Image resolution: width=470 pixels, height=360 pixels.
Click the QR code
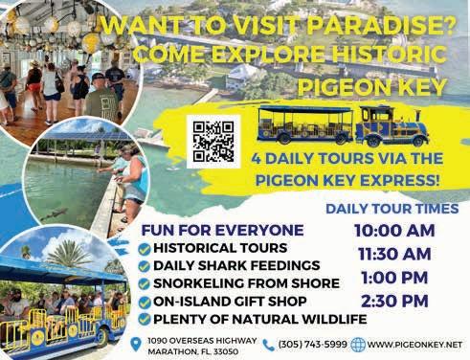tap(213, 142)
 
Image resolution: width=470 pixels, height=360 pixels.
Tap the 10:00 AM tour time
tap(394, 231)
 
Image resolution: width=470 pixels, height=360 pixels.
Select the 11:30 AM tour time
tap(394, 254)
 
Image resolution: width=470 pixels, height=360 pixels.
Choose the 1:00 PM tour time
tap(394, 278)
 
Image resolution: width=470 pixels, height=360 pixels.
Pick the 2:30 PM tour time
tap(394, 301)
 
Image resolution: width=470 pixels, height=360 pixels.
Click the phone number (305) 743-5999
tap(313, 345)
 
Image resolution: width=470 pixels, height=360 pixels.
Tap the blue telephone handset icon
tap(269, 345)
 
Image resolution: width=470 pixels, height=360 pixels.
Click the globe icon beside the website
tap(358, 345)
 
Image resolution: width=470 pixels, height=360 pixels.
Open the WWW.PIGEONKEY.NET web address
tap(414, 345)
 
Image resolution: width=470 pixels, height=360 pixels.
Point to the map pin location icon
tap(136, 345)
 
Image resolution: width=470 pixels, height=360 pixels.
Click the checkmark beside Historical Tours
tap(145, 249)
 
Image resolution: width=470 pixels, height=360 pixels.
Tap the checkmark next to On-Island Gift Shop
tap(145, 303)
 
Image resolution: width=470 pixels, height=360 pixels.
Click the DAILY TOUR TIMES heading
tap(392, 209)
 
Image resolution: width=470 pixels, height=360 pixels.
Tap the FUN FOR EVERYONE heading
tap(222, 231)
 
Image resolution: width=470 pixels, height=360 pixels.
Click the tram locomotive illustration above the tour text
tap(392, 126)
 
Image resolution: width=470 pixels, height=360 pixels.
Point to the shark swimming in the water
tap(55, 214)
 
